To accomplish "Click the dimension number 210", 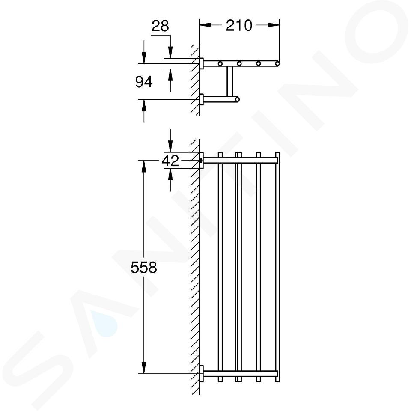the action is tap(239, 25).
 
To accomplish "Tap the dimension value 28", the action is tap(160, 26).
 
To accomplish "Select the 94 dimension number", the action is tap(144, 82).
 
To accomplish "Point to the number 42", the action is tap(170, 161).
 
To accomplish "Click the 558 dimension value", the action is tap(144, 268).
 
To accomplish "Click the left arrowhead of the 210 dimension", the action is tap(205, 25).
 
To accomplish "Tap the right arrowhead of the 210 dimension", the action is tap(274, 25).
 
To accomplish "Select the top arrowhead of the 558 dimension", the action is tap(144, 166).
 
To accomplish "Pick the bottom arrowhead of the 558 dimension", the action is tap(144, 367).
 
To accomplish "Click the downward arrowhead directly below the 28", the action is tap(170, 52).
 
